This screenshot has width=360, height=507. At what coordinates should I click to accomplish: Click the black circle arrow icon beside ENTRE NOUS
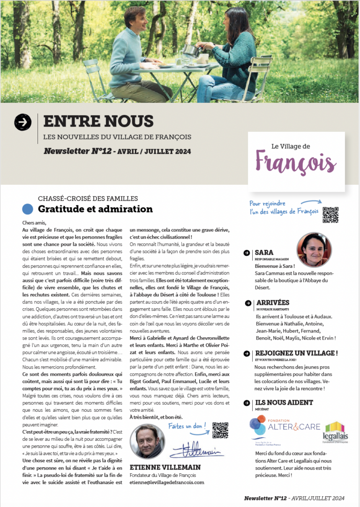(x=23, y=122)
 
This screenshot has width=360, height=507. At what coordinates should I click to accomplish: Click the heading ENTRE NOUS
(x=98, y=121)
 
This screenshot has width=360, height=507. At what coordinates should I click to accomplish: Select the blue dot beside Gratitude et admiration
(x=28, y=209)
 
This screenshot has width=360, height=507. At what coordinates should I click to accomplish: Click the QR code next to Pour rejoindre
(x=330, y=215)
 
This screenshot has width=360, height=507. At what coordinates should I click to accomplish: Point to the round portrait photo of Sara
(x=314, y=250)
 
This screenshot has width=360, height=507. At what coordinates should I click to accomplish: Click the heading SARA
(x=264, y=253)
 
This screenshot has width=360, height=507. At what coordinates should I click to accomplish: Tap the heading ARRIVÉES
(x=273, y=303)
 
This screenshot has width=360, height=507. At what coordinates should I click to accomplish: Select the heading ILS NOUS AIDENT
(x=284, y=402)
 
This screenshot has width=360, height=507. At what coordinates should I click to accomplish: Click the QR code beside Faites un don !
(x=220, y=431)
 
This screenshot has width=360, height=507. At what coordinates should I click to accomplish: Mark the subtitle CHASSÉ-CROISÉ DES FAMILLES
(x=88, y=199)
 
